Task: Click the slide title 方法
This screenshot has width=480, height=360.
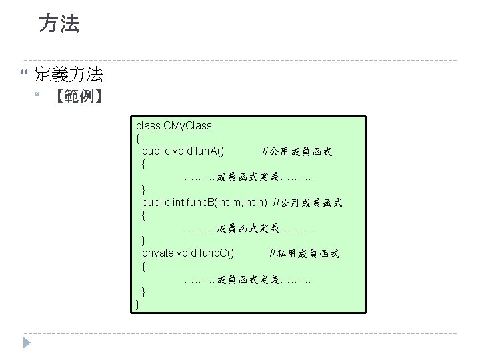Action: click(59, 24)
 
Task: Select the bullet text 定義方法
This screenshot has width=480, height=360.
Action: click(68, 74)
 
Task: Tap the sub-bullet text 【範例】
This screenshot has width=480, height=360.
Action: click(78, 96)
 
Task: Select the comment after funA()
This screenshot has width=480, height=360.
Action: click(297, 152)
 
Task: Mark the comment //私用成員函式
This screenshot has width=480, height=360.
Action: click(304, 253)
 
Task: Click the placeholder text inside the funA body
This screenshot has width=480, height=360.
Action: click(247, 177)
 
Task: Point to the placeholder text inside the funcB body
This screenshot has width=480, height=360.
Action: click(247, 228)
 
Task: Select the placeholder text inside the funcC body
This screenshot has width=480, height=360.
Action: click(247, 279)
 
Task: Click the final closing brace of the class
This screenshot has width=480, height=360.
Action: click(138, 304)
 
